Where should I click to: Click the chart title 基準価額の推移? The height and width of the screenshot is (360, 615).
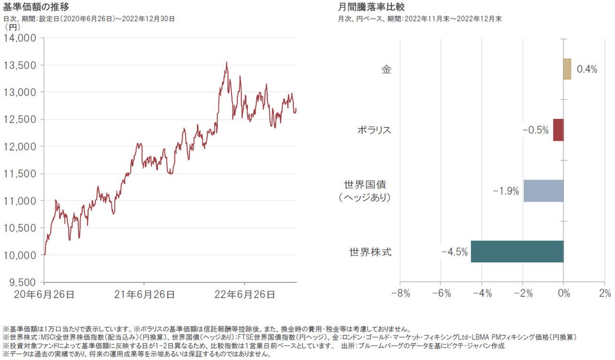point(36,8)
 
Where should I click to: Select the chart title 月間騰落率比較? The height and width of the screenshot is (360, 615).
point(368,8)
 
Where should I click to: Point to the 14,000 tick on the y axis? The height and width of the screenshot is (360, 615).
point(20,38)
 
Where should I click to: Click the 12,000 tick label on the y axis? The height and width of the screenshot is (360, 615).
point(20,146)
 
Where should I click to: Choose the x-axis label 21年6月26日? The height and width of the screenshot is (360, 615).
point(144,294)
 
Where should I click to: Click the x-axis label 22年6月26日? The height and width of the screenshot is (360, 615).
point(244,294)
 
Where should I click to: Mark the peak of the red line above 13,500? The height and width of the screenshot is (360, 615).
point(227,63)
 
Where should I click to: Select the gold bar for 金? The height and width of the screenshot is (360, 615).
point(567,69)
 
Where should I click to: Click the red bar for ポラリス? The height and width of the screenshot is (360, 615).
point(558,130)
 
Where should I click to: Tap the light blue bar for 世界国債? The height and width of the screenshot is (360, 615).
point(543,190)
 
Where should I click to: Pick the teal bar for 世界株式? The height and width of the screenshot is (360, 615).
point(517,251)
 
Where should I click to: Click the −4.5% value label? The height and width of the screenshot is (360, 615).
point(455,252)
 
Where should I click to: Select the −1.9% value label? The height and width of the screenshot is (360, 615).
point(506,191)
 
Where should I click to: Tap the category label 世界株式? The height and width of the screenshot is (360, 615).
point(370,252)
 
